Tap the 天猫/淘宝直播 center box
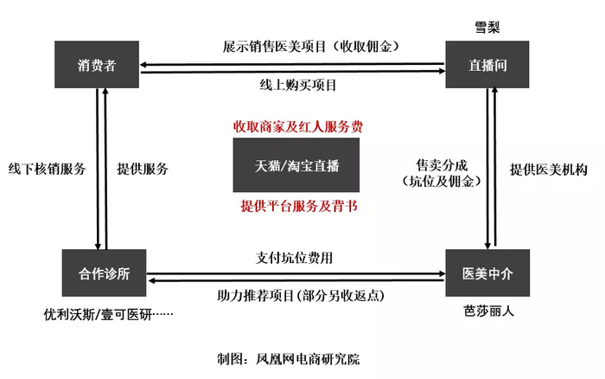tap(296, 164)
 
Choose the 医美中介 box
tap(487, 273)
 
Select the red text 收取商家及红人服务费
tap(296, 127)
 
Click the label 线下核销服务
tap(47, 169)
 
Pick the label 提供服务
tap(142, 169)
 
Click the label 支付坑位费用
tap(294, 257)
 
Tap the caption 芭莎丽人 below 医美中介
tap(487, 310)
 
